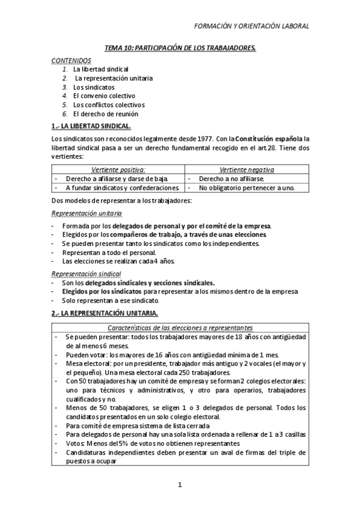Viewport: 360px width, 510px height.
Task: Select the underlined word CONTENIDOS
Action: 72,61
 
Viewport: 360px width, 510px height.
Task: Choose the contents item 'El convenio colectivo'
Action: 104,96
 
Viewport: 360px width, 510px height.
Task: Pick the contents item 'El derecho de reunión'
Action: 105,113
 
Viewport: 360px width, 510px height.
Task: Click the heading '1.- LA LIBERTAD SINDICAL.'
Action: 91,126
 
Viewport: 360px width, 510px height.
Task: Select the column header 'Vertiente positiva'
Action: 118,170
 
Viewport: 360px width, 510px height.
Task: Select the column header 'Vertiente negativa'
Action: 248,170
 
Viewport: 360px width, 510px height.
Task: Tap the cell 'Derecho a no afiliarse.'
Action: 231,179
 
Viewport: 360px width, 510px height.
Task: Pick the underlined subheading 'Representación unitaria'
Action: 87,213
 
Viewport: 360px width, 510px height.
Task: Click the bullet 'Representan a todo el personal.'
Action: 109,253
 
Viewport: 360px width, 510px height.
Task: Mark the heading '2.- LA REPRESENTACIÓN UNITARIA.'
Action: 105,313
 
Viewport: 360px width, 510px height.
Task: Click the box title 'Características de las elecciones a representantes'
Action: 180,327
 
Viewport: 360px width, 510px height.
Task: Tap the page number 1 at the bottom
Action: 180,485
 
